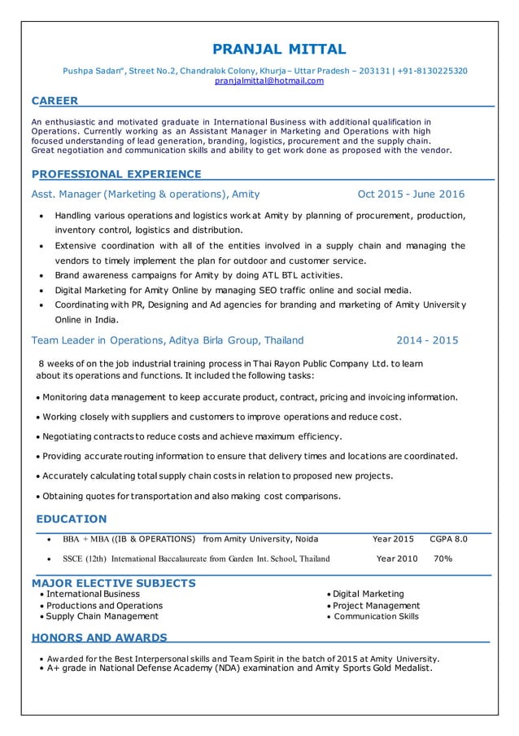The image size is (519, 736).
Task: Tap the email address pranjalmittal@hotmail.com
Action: point(268,81)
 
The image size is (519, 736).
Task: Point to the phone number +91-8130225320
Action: point(427,71)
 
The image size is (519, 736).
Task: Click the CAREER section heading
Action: point(55,101)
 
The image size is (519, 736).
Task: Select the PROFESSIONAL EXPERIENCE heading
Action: point(116,173)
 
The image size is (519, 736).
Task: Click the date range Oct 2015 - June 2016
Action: point(411,195)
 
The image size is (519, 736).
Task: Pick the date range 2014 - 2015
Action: point(427,340)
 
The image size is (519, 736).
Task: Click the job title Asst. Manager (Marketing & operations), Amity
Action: point(146,195)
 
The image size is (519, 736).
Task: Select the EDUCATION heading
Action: point(72,519)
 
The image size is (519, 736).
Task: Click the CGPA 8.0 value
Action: point(448,539)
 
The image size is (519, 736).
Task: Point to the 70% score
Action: point(443,559)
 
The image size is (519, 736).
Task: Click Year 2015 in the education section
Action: point(393,539)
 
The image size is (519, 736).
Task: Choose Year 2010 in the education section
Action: point(397,559)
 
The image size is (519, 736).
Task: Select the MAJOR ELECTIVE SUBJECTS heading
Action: point(113,583)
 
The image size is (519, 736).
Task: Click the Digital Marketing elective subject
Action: point(368,594)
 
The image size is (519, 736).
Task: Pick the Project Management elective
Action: point(376,606)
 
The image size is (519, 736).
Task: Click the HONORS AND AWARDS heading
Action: point(99,637)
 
